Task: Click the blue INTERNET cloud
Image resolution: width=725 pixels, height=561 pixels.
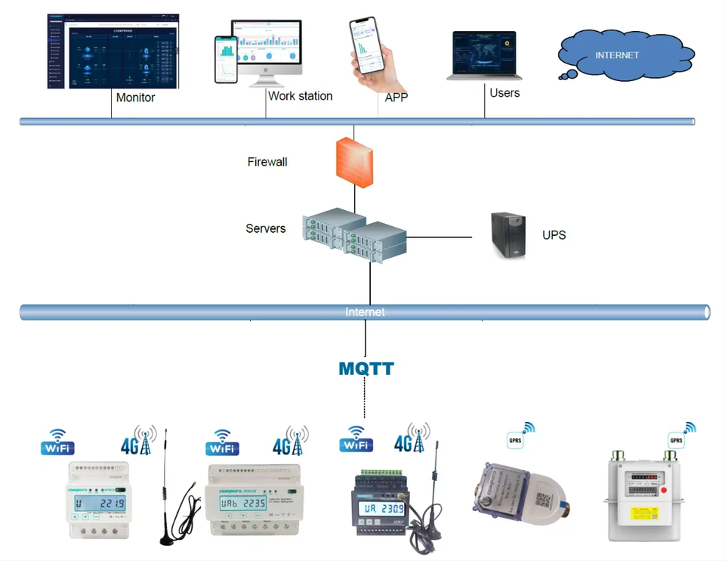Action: (625, 55)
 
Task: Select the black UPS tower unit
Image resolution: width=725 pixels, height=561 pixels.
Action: (509, 235)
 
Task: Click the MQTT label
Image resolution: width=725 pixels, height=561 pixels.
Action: (366, 369)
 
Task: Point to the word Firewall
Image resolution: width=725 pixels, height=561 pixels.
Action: (267, 162)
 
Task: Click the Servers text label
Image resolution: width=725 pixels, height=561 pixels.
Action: (266, 228)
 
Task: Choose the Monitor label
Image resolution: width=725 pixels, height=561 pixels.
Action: (136, 98)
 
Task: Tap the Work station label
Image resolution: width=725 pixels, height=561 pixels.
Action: (300, 96)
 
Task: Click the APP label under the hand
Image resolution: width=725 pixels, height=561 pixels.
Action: (396, 98)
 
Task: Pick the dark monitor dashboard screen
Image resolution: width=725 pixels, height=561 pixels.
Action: (113, 51)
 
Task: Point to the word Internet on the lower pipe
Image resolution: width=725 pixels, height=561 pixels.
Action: (365, 312)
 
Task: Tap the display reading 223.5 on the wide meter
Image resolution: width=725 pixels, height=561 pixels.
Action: (242, 504)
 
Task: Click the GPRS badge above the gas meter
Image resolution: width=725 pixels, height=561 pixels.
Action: (676, 440)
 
